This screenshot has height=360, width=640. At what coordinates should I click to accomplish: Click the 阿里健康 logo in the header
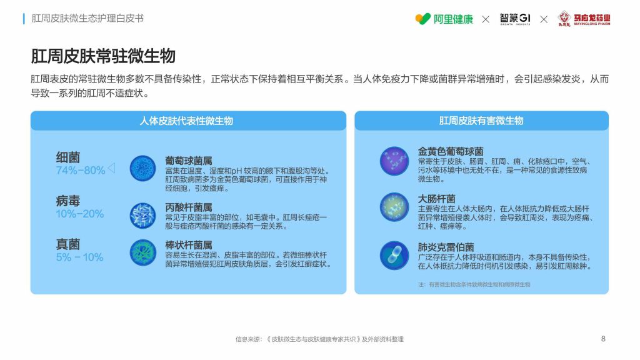pyautogui.click(x=444, y=19)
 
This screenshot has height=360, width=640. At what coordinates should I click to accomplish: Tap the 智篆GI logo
pyautogui.click(x=515, y=19)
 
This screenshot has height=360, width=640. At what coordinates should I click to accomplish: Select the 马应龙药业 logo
pyautogui.click(x=584, y=19)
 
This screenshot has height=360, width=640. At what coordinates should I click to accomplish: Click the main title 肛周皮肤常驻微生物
pyautogui.click(x=103, y=56)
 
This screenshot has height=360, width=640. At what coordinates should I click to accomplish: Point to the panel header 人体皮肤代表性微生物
pyautogui.click(x=186, y=121)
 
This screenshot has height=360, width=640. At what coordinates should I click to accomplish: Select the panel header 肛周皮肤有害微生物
pyautogui.click(x=481, y=121)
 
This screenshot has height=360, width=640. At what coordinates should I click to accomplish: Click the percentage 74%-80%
pyautogui.click(x=81, y=170)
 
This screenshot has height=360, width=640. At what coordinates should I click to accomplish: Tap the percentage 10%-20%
pyautogui.click(x=79, y=214)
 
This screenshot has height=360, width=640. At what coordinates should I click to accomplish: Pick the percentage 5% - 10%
pyautogui.click(x=79, y=257)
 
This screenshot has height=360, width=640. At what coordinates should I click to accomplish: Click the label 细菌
pyautogui.click(x=67, y=157)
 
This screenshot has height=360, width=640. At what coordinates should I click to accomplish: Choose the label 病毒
pyautogui.click(x=67, y=201)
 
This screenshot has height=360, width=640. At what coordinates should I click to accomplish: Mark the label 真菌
pyautogui.click(x=67, y=244)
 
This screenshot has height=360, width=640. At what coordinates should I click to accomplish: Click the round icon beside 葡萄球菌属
pyautogui.click(x=143, y=168)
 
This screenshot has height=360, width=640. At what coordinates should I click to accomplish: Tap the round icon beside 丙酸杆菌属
pyautogui.click(x=143, y=216)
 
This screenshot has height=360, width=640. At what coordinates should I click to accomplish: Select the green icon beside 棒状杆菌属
pyautogui.click(x=143, y=252)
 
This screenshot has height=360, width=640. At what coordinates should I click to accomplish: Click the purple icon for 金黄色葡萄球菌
pyautogui.click(x=394, y=161)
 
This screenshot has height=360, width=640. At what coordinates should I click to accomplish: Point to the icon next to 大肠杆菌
pyautogui.click(x=394, y=207)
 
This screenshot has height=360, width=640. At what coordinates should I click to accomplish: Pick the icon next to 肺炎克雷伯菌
pyautogui.click(x=394, y=256)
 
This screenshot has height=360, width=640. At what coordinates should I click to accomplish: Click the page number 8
pyautogui.click(x=603, y=339)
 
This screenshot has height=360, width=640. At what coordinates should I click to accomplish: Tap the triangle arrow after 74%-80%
pyautogui.click(x=111, y=167)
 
